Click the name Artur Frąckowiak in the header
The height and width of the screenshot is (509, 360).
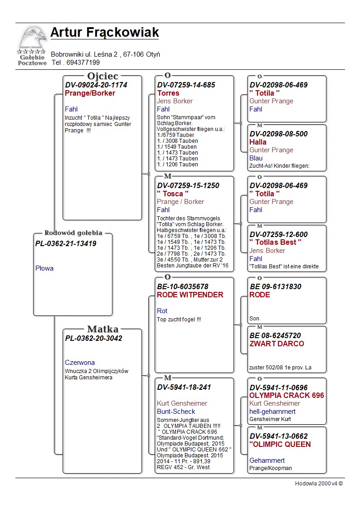(x=105, y=33)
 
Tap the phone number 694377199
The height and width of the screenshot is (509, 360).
(x=83, y=63)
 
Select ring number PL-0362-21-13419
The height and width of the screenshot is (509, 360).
(x=66, y=244)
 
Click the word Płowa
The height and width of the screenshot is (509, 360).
(x=44, y=268)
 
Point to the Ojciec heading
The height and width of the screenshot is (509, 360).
(x=102, y=76)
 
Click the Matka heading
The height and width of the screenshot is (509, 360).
(x=102, y=330)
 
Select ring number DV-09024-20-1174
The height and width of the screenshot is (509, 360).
(x=96, y=85)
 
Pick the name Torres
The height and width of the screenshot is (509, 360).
(x=168, y=93)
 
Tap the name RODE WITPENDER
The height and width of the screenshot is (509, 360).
(x=190, y=295)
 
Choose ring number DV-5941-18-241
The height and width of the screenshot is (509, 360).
(x=184, y=388)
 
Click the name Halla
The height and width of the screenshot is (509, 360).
(x=258, y=142)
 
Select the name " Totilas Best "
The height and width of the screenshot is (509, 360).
(x=276, y=242)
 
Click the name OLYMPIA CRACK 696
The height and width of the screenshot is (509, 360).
(x=287, y=395)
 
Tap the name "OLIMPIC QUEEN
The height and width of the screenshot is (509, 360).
(x=280, y=444)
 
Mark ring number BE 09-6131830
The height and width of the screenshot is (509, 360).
(x=275, y=286)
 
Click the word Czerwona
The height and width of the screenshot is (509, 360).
(x=80, y=363)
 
